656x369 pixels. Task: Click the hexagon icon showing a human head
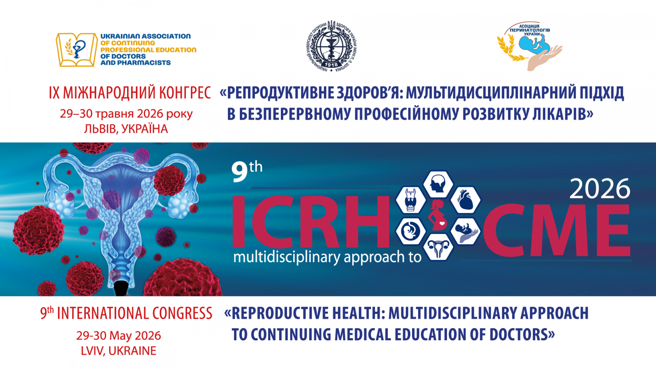click(438, 184)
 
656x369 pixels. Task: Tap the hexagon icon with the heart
click(465, 200)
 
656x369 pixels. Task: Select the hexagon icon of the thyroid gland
click(410, 200)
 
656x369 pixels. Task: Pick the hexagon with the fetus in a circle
click(410, 231)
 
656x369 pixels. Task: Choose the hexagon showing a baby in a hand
click(465, 231)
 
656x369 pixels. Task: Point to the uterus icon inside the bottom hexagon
click(438, 247)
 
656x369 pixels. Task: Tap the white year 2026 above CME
click(600, 189)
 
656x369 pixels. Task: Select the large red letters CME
click(556, 231)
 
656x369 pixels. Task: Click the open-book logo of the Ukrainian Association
click(77, 50)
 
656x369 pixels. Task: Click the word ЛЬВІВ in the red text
click(100, 129)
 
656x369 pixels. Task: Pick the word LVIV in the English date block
click(92, 351)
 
